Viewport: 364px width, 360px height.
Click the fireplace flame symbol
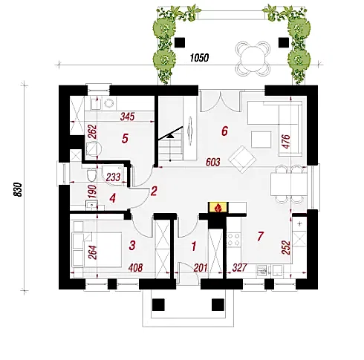(218, 208)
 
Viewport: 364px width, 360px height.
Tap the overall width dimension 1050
(199, 58)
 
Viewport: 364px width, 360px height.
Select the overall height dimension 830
(18, 189)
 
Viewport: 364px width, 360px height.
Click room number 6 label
(224, 131)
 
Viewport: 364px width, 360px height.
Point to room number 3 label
(132, 246)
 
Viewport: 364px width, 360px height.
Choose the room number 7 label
(261, 236)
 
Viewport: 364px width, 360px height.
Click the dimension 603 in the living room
(213, 163)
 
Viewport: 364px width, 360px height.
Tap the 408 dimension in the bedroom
(136, 267)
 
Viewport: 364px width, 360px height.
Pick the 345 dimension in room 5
(127, 117)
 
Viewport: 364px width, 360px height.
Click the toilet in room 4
(91, 174)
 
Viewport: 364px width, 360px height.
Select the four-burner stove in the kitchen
(234, 239)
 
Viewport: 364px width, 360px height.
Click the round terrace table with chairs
(253, 59)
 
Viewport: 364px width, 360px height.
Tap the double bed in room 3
(97, 249)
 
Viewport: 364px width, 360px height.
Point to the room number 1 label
(194, 246)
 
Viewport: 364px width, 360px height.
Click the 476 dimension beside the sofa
(286, 142)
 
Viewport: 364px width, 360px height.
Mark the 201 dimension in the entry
(201, 268)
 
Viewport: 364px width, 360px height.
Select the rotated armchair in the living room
(242, 160)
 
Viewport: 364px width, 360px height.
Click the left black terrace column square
(180, 42)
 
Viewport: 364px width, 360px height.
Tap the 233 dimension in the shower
(114, 177)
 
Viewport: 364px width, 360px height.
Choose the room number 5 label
(125, 139)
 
